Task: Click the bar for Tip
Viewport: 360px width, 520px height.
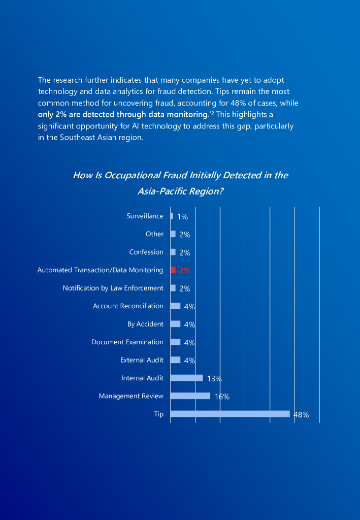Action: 230,414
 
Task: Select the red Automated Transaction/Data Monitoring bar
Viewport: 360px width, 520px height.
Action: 173,270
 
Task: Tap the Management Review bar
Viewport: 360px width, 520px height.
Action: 190,396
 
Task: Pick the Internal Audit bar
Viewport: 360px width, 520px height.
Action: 186,378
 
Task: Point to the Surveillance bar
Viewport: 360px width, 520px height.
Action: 172,216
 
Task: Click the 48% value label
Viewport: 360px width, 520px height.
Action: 301,415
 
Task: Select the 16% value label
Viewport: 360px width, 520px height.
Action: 222,397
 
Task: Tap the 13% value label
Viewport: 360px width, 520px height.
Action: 214,379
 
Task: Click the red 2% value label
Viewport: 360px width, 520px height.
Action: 185,271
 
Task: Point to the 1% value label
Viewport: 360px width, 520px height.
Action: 183,217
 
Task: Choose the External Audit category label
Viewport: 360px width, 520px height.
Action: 142,360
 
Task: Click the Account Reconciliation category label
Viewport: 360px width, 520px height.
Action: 128,306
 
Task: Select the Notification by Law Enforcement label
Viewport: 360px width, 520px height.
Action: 113,288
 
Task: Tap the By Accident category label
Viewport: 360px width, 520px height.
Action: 145,324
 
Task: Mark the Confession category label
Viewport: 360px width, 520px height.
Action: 146,252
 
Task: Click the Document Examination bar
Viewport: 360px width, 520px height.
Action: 175,342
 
